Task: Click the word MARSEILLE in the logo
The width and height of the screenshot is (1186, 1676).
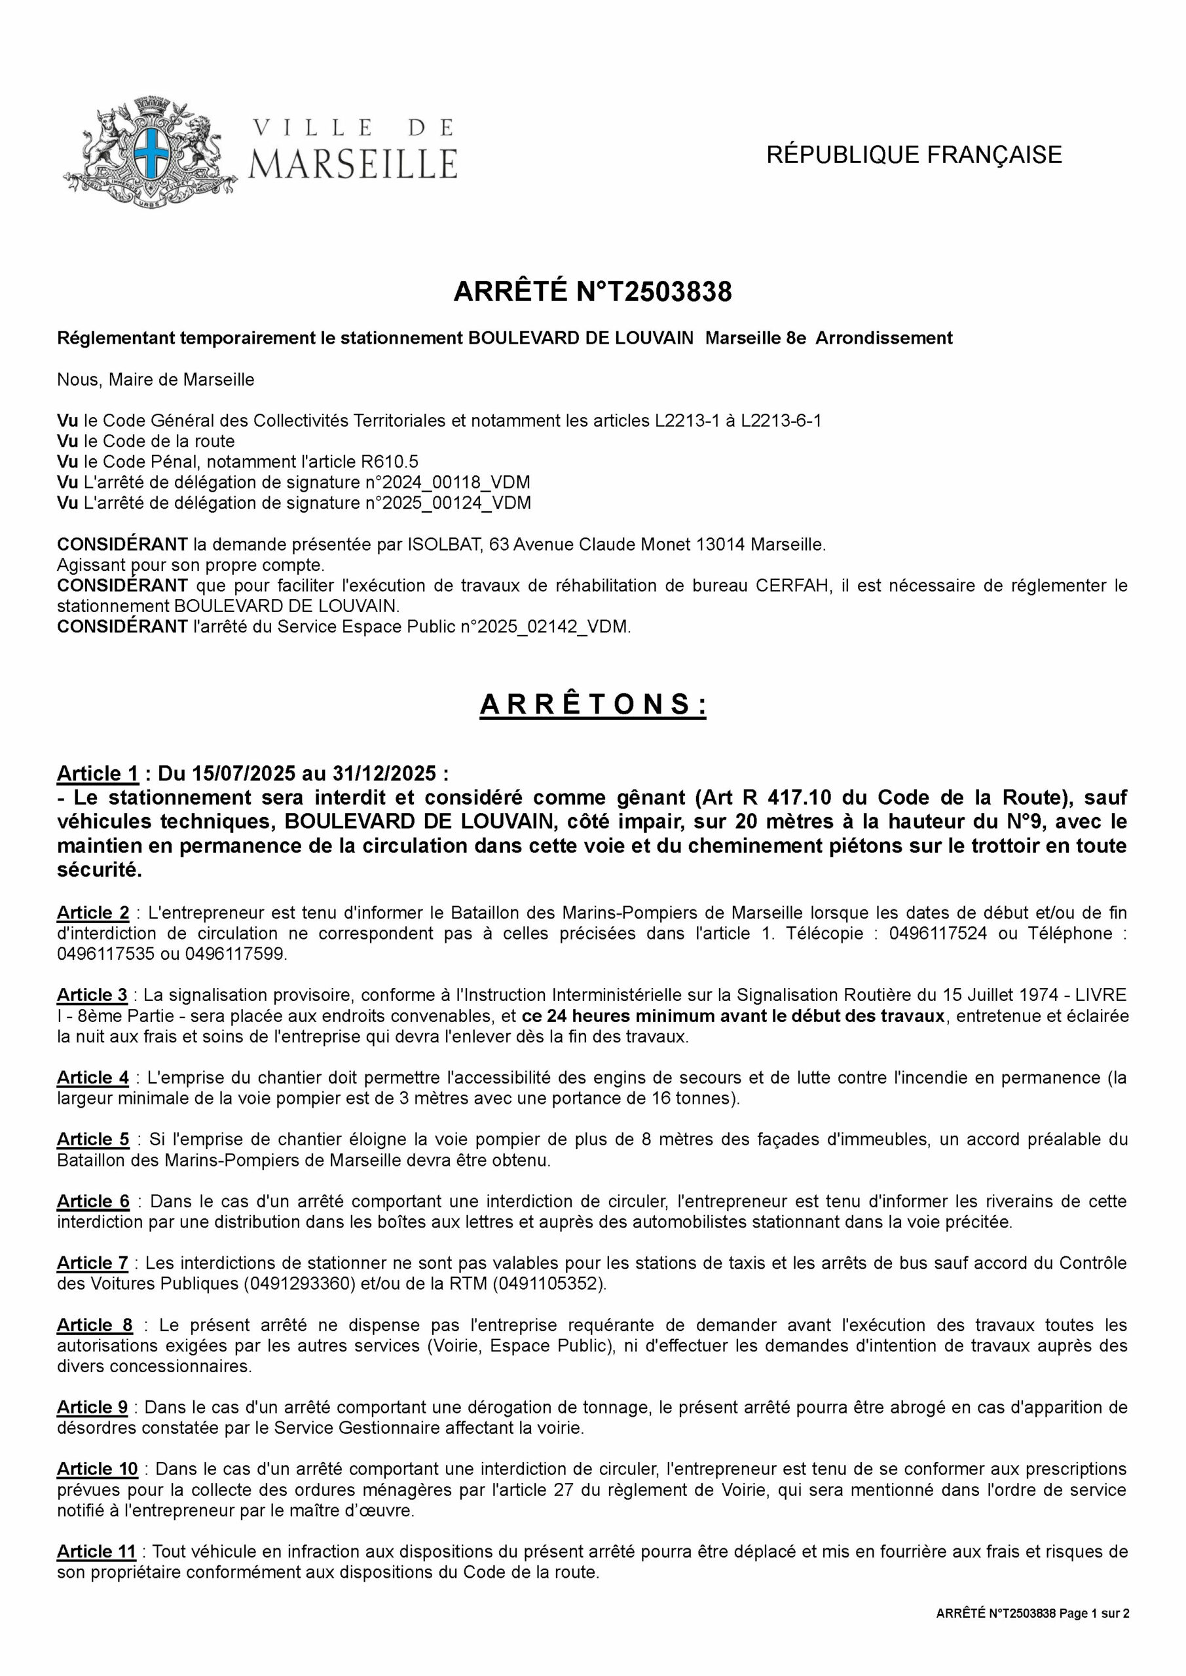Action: [354, 164]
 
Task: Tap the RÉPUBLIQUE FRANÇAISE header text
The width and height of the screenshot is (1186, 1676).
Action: [914, 155]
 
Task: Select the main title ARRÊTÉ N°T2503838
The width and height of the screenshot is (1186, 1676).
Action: [592, 292]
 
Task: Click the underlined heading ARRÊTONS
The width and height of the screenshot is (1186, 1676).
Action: [592, 705]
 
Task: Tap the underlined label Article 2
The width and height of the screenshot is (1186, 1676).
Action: [93, 913]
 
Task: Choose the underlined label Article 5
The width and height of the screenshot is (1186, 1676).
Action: [93, 1139]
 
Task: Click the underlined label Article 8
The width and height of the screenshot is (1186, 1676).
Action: [95, 1325]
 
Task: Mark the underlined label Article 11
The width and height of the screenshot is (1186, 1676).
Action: [96, 1551]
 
